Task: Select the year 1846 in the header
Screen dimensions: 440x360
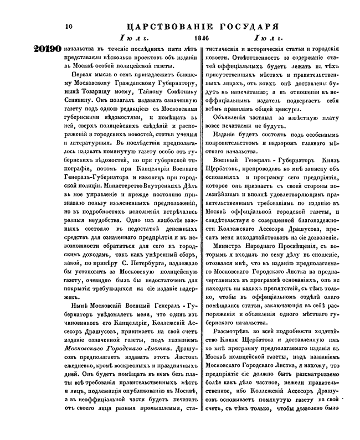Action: pos(194,38)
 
